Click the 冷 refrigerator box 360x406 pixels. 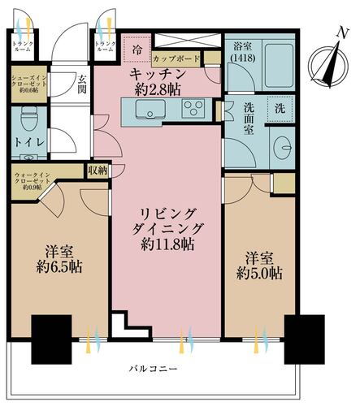coord(136,48)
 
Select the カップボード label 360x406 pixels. coord(176,59)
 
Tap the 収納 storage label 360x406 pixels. coord(98,170)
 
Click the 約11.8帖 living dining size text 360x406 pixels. coord(166,244)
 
